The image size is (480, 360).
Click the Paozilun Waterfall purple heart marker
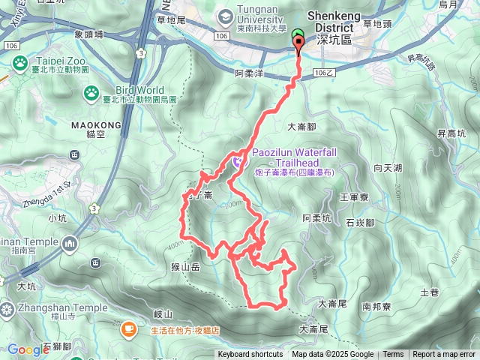click(x=238, y=159)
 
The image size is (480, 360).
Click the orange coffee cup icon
click(x=129, y=327)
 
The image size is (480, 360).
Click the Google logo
click(x=28, y=349)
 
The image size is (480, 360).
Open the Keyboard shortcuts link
click(x=250, y=355)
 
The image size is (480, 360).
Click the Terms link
click(x=393, y=355)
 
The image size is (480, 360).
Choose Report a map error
click(x=444, y=355)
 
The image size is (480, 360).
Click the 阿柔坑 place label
click(x=316, y=217)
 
